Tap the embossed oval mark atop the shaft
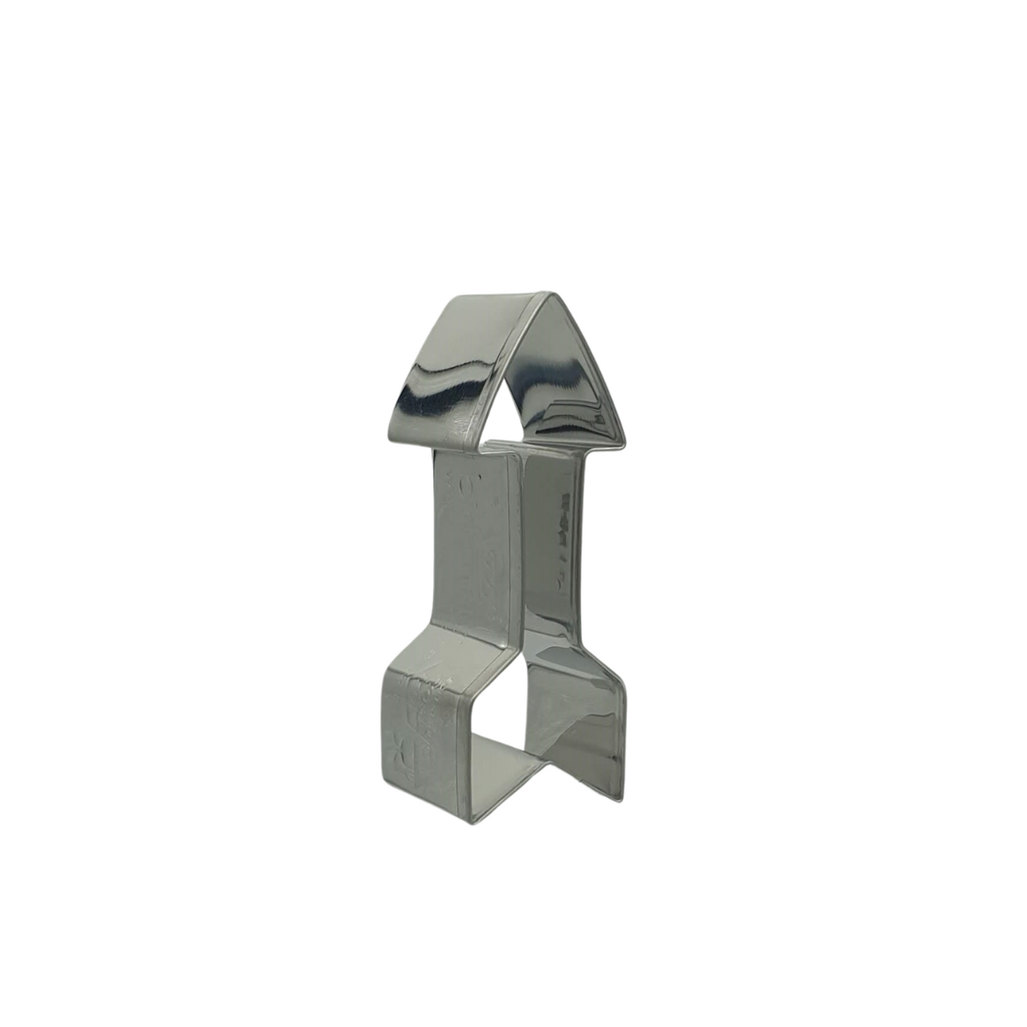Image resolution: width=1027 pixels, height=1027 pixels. (x=467, y=484)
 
